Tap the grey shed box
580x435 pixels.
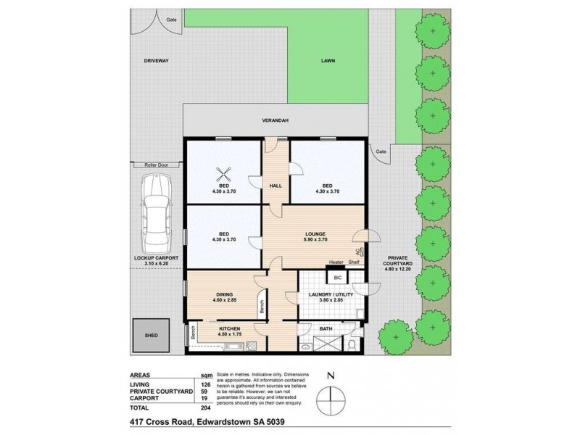click(151, 336)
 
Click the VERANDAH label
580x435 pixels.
click(275, 121)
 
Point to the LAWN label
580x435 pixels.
click(329, 62)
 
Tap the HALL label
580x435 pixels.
click(276, 186)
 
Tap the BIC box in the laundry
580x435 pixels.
click(337, 277)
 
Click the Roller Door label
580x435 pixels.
click(155, 165)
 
